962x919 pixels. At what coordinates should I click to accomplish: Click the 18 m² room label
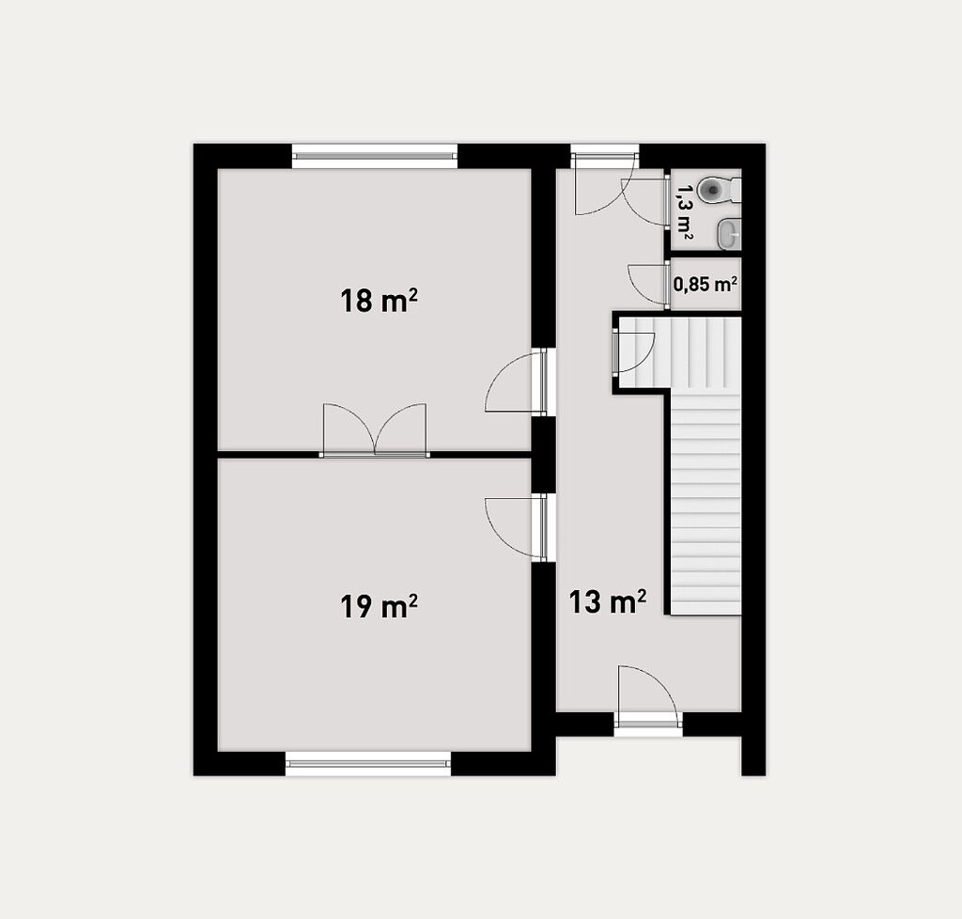click(x=379, y=301)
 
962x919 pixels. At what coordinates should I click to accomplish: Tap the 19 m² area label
click(x=379, y=606)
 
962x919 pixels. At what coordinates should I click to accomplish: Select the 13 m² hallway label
click(x=608, y=601)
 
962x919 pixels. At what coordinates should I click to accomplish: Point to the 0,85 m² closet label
click(x=705, y=284)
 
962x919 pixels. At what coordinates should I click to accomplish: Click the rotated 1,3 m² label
click(x=684, y=211)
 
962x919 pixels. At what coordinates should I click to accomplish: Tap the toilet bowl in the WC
click(x=719, y=189)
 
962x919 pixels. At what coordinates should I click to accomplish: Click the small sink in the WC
click(x=729, y=234)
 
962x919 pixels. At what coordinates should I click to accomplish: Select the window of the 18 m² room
click(x=374, y=156)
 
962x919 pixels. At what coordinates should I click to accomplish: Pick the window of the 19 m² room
click(x=368, y=763)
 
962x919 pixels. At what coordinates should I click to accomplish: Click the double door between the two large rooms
click(x=375, y=430)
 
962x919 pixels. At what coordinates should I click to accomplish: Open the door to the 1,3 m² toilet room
click(x=644, y=202)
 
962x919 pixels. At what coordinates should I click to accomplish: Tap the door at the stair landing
click(x=634, y=351)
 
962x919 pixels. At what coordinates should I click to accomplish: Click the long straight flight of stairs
click(x=706, y=503)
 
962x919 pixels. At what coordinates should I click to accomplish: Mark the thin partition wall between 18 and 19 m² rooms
click(x=374, y=455)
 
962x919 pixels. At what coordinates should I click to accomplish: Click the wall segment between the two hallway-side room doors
click(x=543, y=455)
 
